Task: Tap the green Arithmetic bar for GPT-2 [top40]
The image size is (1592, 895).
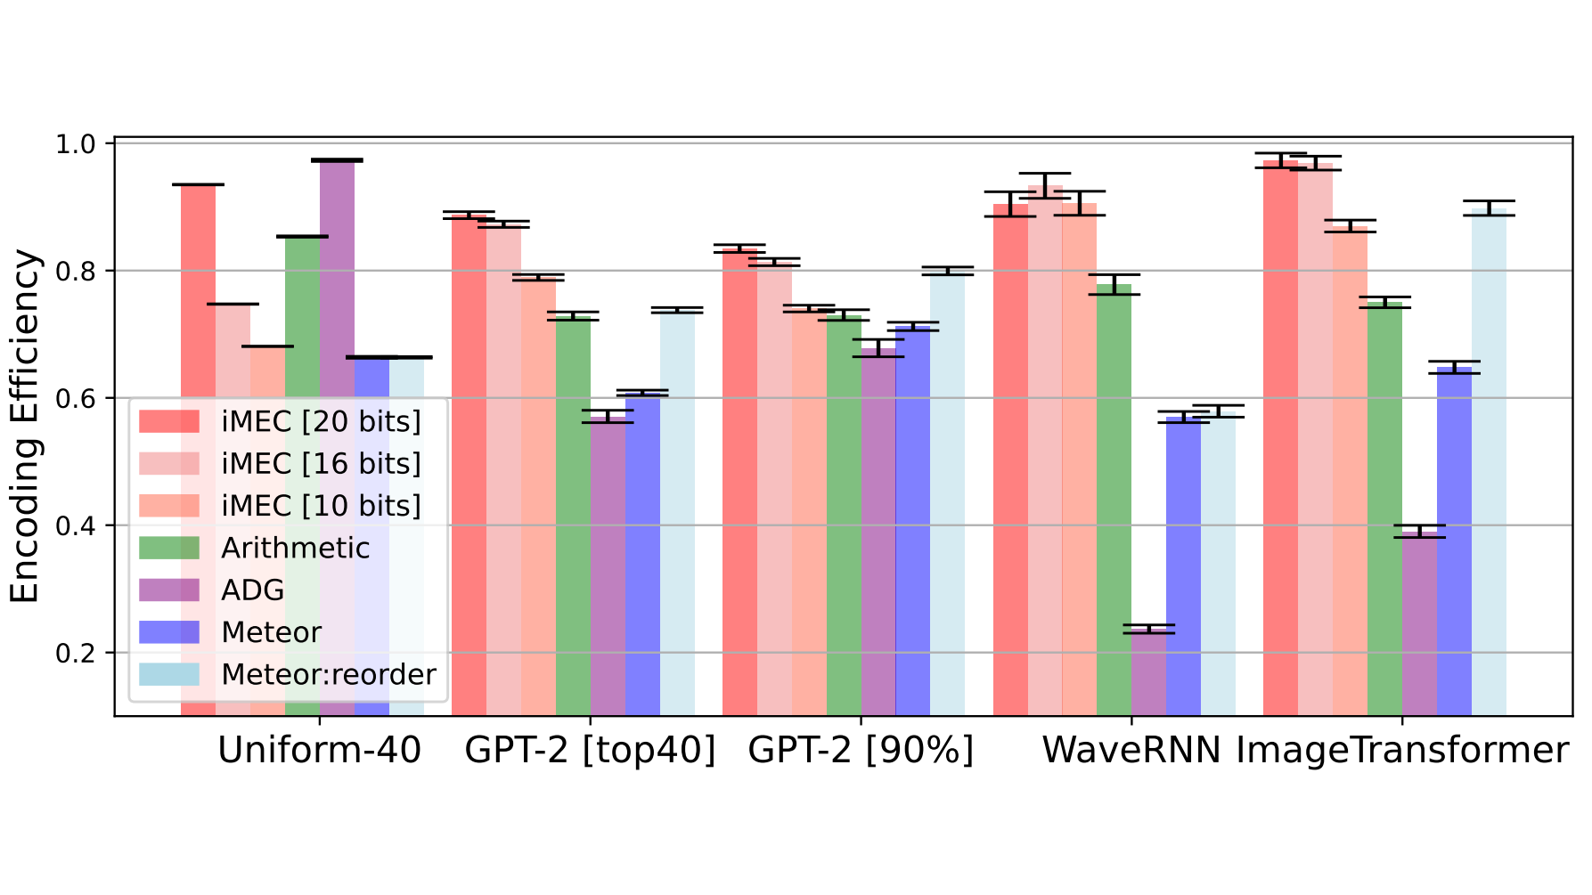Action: pos(573,517)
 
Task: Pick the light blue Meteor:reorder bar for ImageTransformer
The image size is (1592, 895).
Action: pos(1489,463)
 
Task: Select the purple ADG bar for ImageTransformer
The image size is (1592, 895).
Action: pos(1419,623)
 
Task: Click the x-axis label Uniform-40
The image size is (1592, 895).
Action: pos(319,751)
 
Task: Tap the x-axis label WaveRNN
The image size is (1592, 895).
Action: pos(1131,751)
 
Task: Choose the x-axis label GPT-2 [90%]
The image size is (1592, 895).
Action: pos(861,751)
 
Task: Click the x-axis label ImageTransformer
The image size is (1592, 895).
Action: pos(1401,751)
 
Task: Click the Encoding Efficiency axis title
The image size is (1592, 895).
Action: pos(25,426)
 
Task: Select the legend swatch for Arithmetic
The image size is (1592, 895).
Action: pos(169,548)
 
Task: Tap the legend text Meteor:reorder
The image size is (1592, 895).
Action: pos(329,674)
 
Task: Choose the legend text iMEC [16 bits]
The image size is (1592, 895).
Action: pos(321,463)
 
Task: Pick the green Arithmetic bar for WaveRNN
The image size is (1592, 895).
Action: pos(1114,499)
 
